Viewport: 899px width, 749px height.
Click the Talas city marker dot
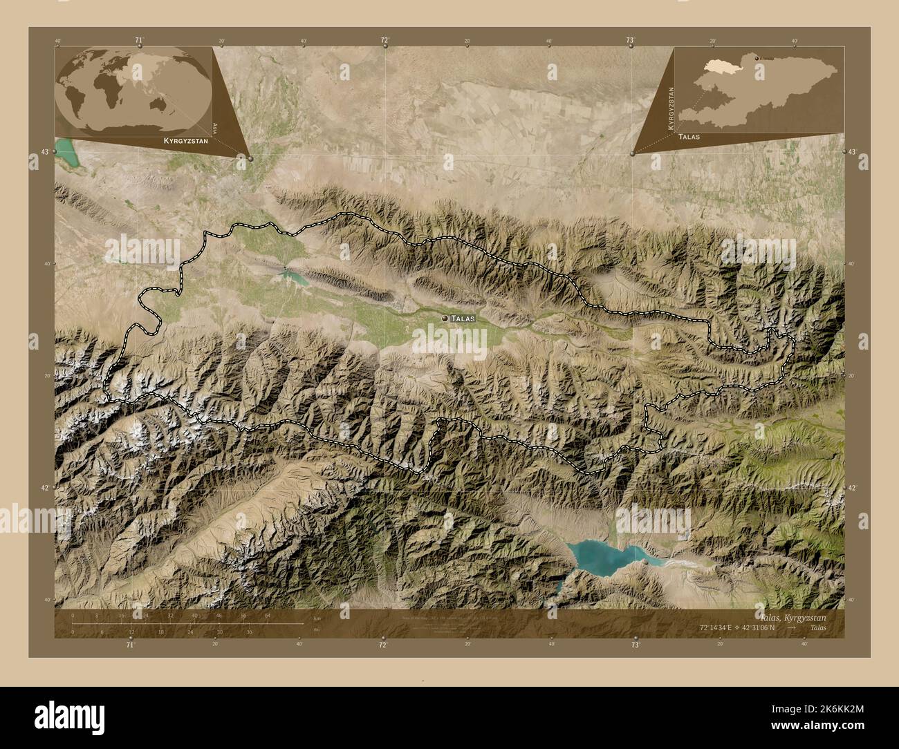coord(444,318)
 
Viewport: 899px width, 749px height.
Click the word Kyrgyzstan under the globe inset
coord(185,140)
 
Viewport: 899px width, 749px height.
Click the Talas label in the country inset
coord(689,137)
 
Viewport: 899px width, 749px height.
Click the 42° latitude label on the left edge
coord(45,488)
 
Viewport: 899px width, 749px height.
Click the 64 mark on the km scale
coord(268,615)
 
